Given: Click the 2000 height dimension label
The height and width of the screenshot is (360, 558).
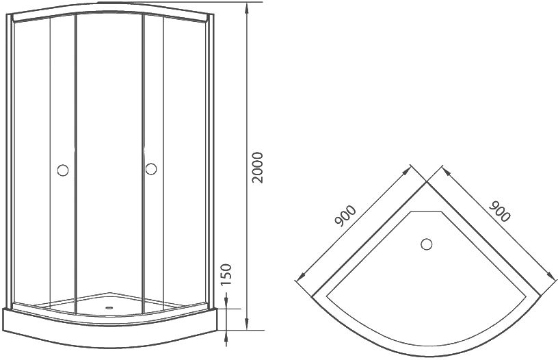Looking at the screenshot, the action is [x=257, y=168].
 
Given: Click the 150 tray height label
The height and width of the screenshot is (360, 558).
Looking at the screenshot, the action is [x=226, y=274].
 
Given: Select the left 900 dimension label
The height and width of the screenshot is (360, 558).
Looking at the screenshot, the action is [x=345, y=216].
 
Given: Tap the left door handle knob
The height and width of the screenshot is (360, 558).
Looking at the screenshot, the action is [x=63, y=170].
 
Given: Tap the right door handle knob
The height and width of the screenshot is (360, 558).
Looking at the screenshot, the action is [x=151, y=169].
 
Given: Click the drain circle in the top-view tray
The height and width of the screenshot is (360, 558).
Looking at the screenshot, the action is [x=426, y=244].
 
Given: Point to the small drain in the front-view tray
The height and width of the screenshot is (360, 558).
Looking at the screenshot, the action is [x=109, y=308].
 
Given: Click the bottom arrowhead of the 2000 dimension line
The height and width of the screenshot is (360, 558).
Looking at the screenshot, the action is [x=246, y=324].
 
